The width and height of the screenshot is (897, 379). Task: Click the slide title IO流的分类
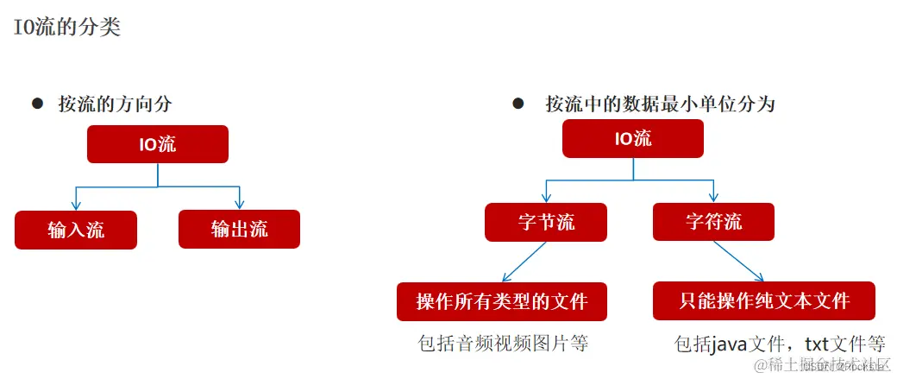pos(66,27)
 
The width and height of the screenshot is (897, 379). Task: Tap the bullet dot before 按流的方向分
pos(37,103)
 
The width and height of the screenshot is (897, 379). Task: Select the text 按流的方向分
pos(115,104)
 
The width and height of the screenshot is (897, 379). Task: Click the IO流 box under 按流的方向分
pos(158,144)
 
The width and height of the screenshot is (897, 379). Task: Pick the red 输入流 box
pos(76,230)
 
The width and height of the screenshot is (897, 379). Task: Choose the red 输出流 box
pos(239,229)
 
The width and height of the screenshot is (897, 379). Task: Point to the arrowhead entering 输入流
pos(76,205)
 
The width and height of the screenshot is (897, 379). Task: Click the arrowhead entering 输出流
pos(240,205)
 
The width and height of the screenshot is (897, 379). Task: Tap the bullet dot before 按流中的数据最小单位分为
pos(518,104)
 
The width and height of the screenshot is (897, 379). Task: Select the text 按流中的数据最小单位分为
pos(660,104)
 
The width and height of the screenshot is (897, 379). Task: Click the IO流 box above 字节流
pos(633,138)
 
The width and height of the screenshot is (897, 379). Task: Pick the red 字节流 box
pos(546,222)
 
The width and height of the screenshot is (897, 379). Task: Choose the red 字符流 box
pos(713,222)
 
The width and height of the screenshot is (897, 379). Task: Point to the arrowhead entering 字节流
pos(546,197)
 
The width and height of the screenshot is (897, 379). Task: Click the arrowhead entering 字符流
pos(713,197)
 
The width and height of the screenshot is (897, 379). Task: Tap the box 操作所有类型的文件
pos(501,301)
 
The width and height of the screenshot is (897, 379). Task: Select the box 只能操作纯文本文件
pos(764,300)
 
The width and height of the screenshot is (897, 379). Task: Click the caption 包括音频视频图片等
pos(502,343)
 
